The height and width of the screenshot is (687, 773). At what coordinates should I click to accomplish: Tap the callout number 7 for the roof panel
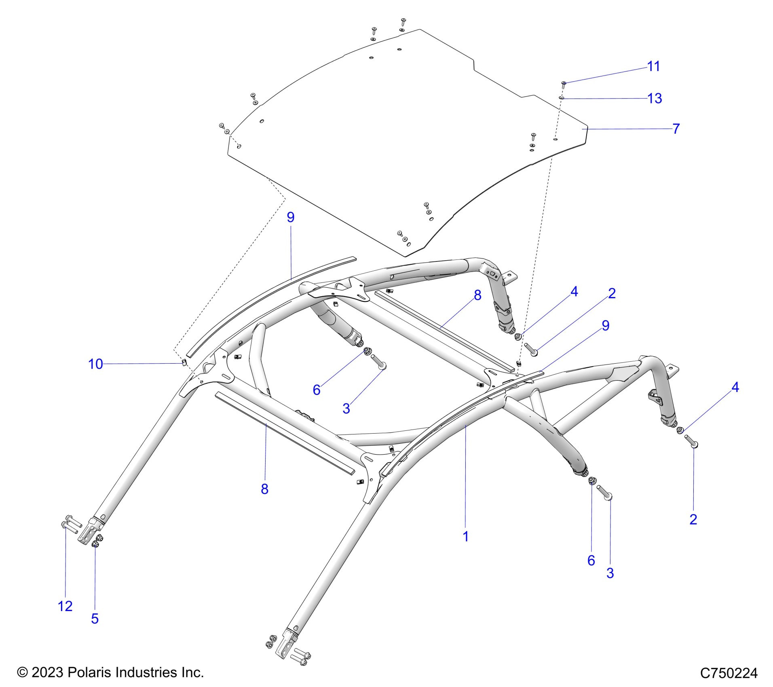tap(676, 129)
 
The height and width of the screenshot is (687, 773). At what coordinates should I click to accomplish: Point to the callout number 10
tap(96, 364)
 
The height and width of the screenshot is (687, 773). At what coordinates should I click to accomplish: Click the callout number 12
tap(65, 606)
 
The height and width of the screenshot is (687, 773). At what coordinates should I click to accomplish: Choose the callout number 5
tap(95, 619)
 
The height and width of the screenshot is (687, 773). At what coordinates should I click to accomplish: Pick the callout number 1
tap(465, 537)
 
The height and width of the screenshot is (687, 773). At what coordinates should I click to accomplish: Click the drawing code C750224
tap(729, 673)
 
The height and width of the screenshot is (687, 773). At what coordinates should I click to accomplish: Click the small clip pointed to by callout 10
tap(183, 362)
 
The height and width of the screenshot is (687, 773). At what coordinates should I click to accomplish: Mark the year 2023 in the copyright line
tap(47, 672)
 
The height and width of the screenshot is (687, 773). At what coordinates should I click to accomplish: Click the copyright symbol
tap(22, 672)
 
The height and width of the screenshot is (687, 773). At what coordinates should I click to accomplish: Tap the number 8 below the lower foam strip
tap(264, 489)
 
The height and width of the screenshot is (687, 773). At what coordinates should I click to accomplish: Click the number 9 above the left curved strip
tap(290, 217)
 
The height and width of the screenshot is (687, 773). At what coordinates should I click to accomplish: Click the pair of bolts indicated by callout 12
tap(71, 524)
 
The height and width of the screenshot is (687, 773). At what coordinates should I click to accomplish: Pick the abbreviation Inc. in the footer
tap(192, 672)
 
